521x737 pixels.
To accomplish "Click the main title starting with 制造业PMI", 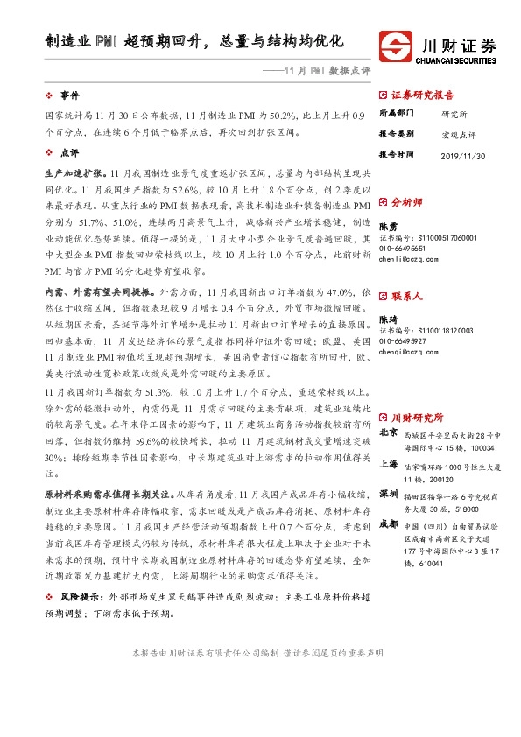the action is click(x=195, y=41).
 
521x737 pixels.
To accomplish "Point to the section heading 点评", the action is click(x=68, y=151).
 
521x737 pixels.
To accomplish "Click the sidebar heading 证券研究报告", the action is click(x=421, y=95).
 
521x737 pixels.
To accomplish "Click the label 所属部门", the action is click(x=395, y=114).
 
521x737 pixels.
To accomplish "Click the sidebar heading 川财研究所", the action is click(x=417, y=393).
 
